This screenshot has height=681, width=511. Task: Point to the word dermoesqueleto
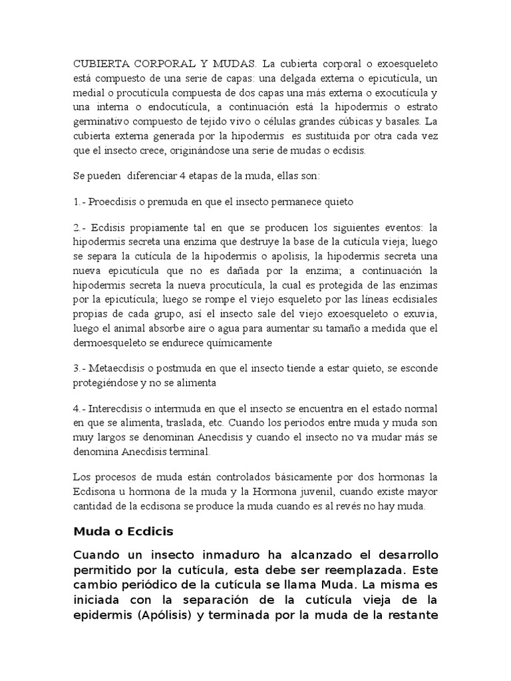[x=110, y=342]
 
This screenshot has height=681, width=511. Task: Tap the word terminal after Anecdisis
[x=187, y=452]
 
